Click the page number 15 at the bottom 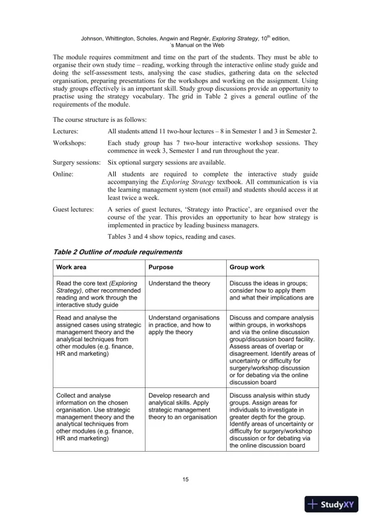pos(185,480)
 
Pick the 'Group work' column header pos(247,267)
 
